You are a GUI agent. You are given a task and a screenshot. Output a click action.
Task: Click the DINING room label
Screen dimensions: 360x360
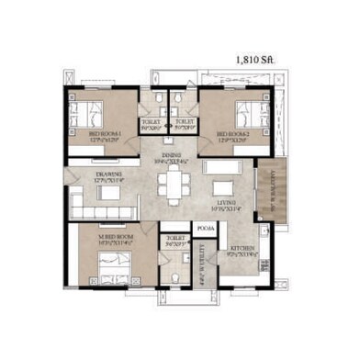point(171,157)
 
